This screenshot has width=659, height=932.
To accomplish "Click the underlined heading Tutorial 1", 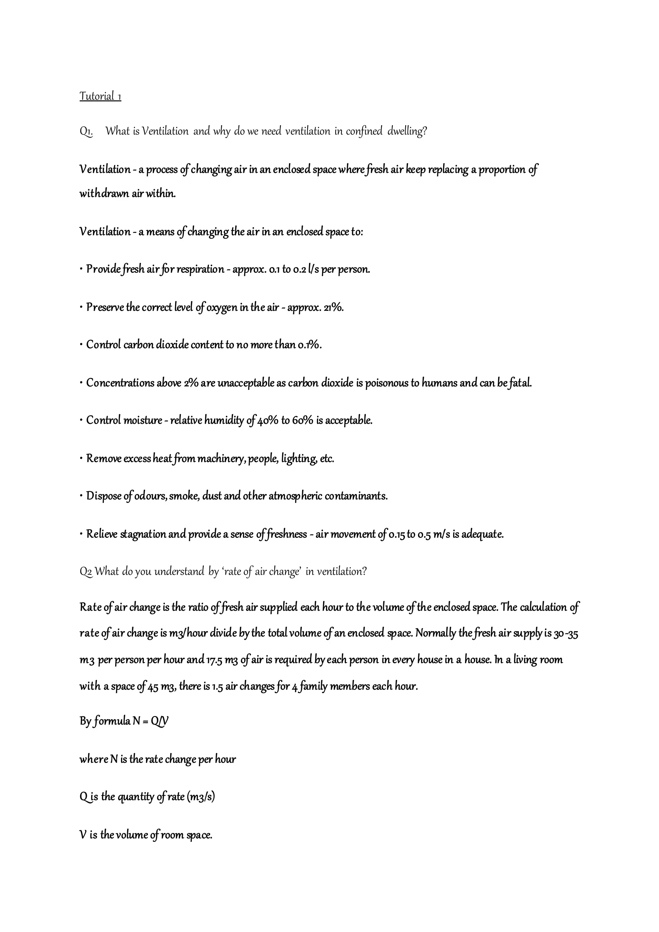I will point(100,97).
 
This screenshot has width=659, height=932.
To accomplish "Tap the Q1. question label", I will point(86,132).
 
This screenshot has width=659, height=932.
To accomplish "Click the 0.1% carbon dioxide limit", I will point(309,345).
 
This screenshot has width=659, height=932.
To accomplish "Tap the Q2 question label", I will point(86,572).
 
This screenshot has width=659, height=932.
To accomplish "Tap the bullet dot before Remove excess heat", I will point(81,459).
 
